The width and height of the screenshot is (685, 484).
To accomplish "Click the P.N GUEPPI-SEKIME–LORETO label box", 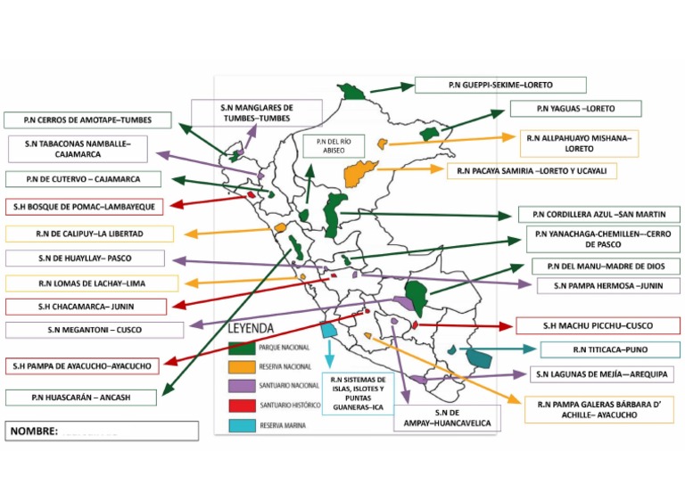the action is coord(500,85).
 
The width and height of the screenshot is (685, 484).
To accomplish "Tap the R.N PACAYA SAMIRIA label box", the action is coord(532,169).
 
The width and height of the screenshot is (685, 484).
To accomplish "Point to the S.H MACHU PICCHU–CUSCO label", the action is coord(598,326).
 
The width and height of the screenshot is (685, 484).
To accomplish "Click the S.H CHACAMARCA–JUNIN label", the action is coord(86,307).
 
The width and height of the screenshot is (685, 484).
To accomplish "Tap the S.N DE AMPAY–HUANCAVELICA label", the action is coord(446,417).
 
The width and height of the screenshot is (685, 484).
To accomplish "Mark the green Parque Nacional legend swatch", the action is coord(240,347).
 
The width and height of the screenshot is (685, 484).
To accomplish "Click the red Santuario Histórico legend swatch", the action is coord(240,406).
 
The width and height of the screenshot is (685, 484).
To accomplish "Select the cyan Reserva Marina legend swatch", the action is coord(240,425).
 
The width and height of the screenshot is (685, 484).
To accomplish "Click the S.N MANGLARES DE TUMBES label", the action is coord(257,113).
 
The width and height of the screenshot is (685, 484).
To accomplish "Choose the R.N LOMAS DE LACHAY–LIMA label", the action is coord(86,283).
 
